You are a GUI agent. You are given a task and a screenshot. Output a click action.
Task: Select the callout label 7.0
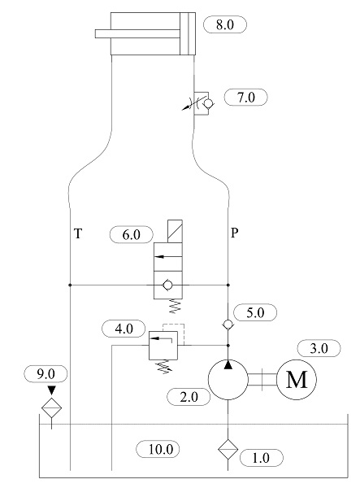pos(246,98)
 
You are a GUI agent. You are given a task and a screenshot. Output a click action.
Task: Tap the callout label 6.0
pos(132,234)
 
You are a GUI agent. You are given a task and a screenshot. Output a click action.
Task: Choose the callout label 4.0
pos(124,329)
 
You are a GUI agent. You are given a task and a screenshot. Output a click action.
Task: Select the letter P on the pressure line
pos(234,232)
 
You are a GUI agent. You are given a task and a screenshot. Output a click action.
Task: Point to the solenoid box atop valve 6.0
pos(171,231)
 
